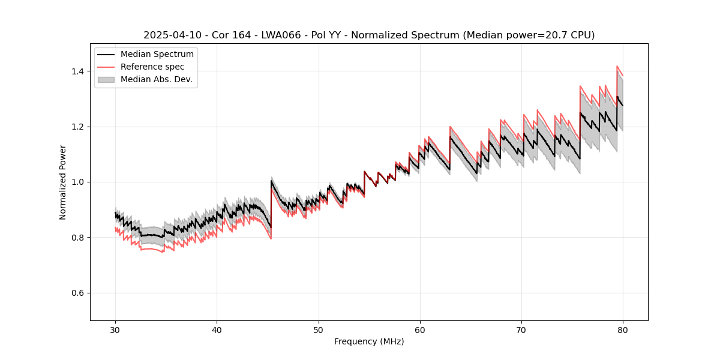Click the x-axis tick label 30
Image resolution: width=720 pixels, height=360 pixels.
115,330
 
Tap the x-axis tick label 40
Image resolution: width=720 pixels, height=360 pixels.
217,330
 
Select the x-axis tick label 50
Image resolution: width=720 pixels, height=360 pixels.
319,330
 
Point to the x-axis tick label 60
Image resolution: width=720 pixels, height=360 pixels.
420,330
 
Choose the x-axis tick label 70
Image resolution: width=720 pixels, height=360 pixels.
521,330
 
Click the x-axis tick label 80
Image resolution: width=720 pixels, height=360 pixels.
623,330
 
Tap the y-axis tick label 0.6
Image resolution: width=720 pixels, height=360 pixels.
77,293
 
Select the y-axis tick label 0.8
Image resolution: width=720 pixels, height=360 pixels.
77,238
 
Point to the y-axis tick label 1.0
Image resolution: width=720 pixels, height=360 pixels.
77,182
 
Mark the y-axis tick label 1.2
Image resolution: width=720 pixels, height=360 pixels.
77,127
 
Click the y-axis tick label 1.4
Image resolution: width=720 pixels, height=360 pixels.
77,71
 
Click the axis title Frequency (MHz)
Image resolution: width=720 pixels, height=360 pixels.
369,342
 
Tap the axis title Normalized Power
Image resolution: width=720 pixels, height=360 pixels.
63,182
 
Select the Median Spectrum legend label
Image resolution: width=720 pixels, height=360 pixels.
157,55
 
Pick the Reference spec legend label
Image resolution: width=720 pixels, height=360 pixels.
152,67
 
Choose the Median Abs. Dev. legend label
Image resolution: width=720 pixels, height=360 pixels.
156,79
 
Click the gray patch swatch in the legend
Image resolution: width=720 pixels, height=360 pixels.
107,79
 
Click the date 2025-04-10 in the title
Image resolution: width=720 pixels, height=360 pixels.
169,35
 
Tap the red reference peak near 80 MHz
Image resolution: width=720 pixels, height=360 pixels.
617,67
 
